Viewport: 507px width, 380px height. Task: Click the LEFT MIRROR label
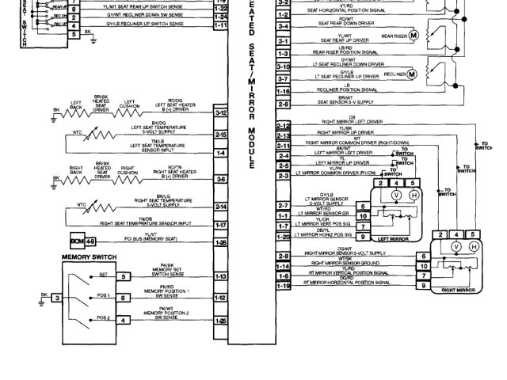click(393, 238)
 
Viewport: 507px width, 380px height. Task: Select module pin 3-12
click(221, 115)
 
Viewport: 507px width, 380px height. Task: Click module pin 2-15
click(221, 135)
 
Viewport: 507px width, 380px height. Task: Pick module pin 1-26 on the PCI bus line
click(221, 241)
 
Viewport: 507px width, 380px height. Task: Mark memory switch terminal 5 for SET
click(124, 277)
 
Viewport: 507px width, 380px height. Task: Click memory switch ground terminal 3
click(56, 298)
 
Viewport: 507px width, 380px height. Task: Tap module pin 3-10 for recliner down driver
click(283, 67)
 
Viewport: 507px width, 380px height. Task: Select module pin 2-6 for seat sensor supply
click(283, 104)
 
